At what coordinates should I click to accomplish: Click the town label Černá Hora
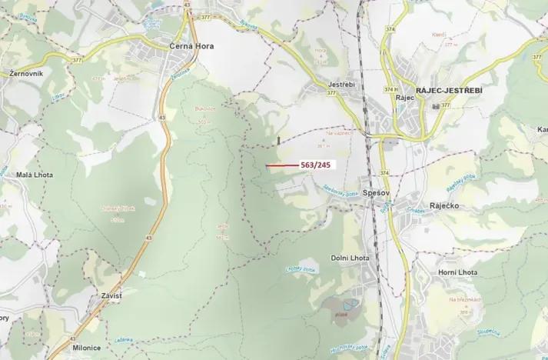click(x=191, y=46)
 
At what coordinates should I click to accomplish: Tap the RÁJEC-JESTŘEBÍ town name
click(x=449, y=90)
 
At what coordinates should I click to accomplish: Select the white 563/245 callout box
click(x=315, y=165)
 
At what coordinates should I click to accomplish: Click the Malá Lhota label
click(x=35, y=175)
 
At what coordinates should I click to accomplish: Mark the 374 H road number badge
click(x=389, y=89)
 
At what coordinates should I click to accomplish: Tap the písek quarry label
click(x=340, y=314)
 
